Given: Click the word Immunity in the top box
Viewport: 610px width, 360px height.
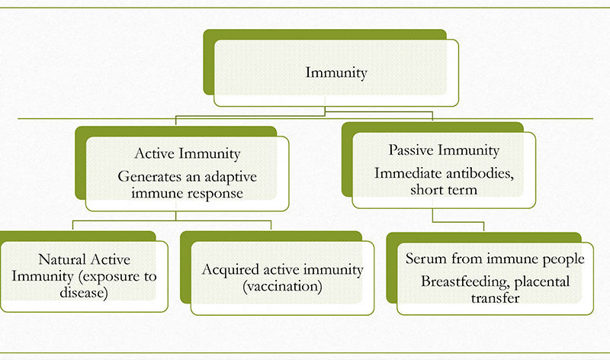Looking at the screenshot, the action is (336, 72).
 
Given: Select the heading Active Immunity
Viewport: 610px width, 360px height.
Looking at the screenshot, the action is (187, 154).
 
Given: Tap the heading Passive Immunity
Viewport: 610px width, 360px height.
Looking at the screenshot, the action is (444, 150).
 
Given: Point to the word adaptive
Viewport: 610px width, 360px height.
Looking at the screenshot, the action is (231, 178).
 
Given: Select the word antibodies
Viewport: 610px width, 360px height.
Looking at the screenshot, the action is (480, 174).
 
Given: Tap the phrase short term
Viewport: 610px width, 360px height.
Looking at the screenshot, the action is (444, 190).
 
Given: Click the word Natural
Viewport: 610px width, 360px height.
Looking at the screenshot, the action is (63, 259).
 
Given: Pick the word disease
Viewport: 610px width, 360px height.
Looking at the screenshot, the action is (84, 292).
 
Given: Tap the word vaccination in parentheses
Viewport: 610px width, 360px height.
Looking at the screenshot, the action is (282, 287).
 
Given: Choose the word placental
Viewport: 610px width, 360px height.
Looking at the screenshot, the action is (542, 281).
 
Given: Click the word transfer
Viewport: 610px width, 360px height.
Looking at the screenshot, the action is (495, 298).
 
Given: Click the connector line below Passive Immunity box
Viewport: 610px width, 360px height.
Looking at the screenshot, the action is (458, 222).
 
